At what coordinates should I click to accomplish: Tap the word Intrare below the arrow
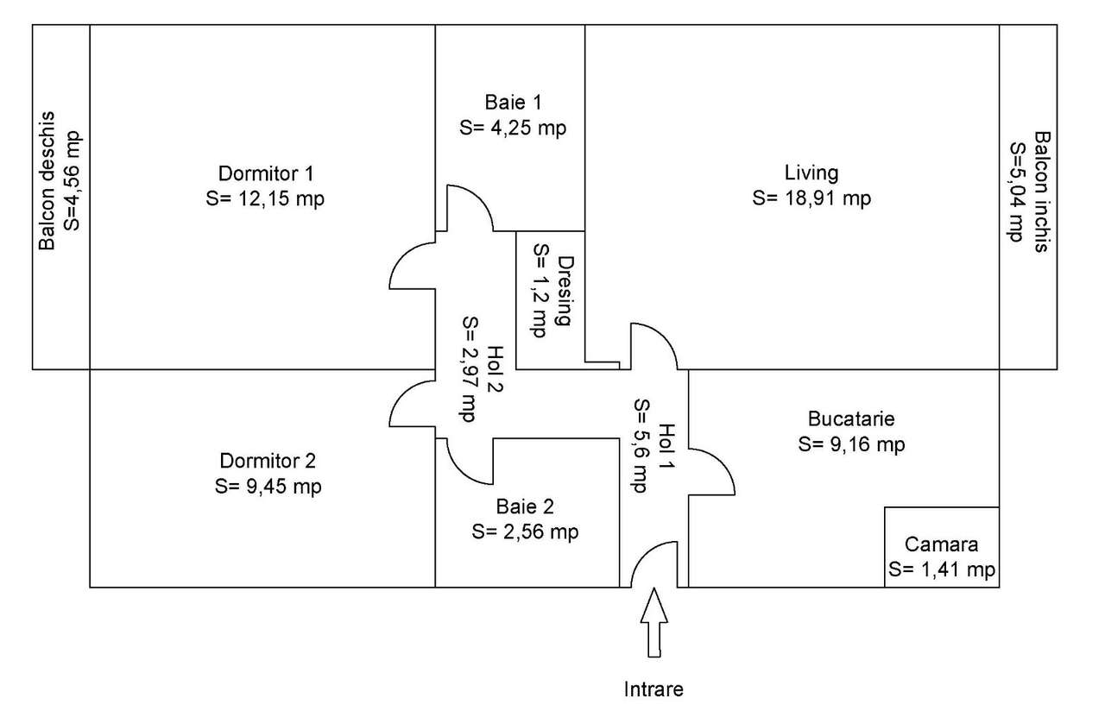(654, 689)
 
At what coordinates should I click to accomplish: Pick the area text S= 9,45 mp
(268, 486)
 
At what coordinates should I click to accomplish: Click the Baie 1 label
(514, 102)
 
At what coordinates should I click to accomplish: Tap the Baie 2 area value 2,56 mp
(525, 531)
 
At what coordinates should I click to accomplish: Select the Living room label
(811, 172)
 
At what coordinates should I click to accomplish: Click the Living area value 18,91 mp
(811, 198)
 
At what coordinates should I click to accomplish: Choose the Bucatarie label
(851, 419)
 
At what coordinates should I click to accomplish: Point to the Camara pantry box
(942, 547)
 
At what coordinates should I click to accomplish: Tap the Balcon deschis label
(48, 181)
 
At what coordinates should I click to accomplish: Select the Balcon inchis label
(1043, 192)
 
